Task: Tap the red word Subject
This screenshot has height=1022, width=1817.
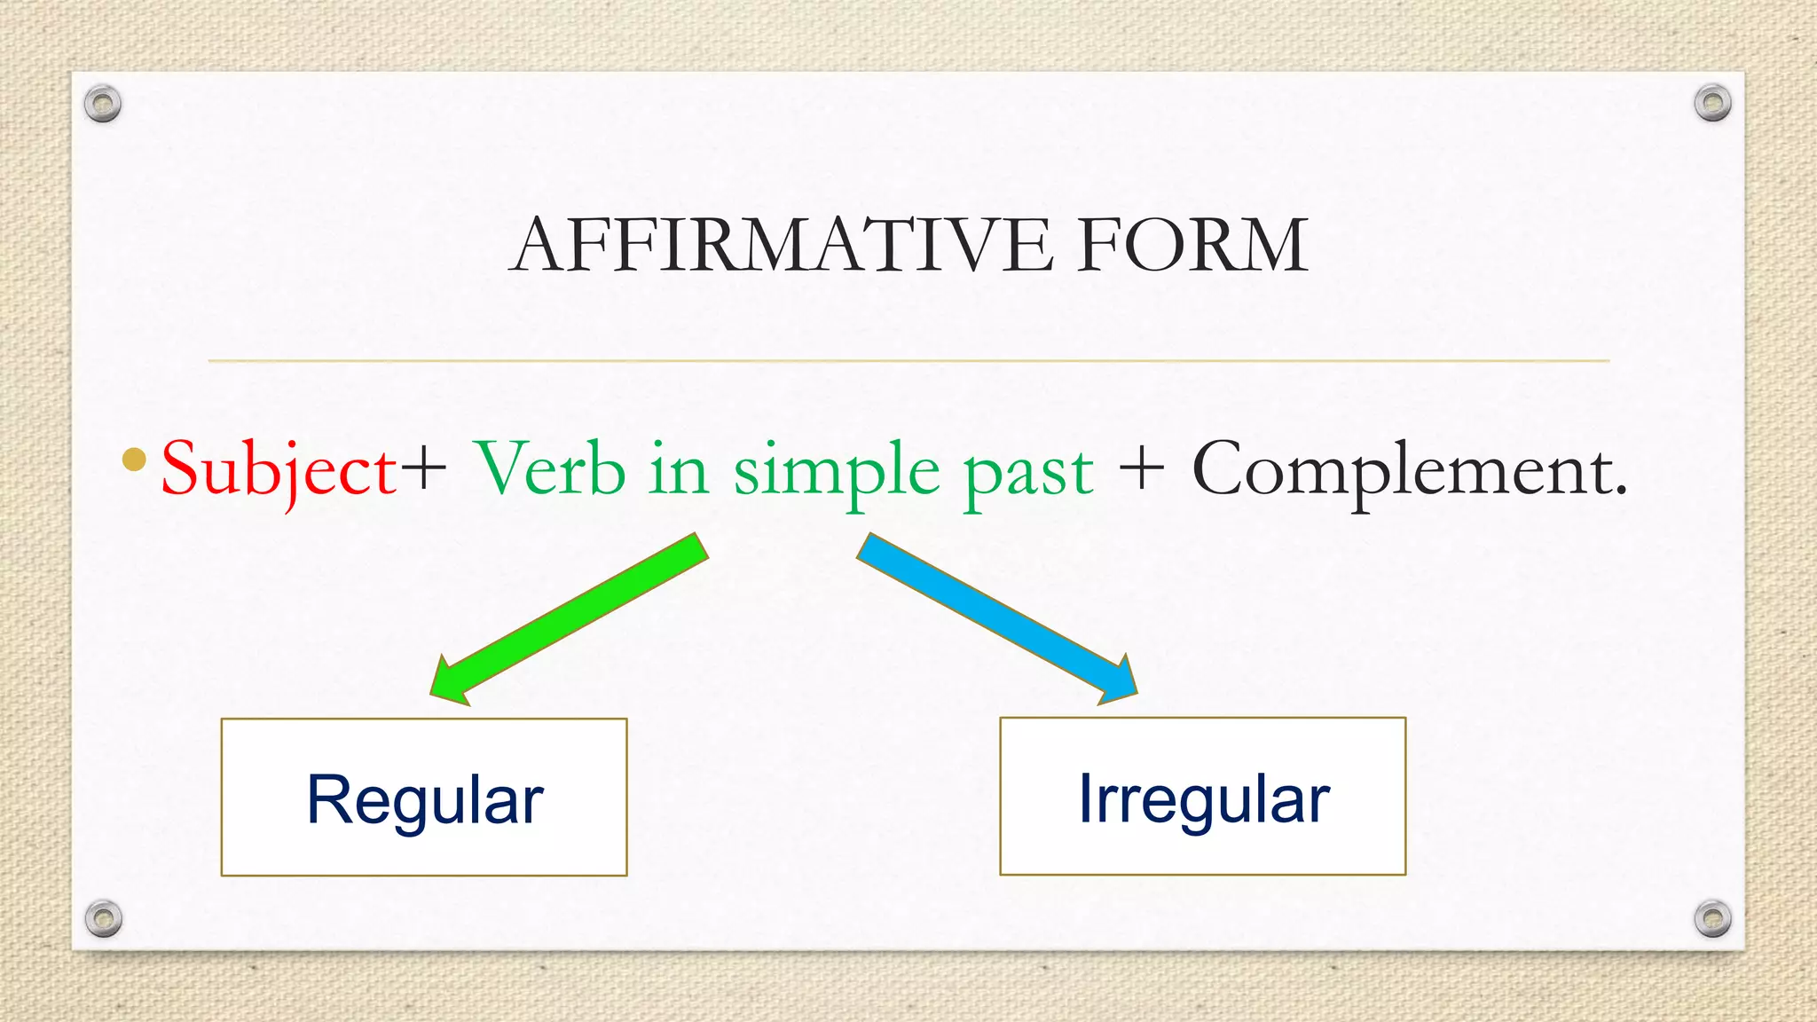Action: (x=279, y=470)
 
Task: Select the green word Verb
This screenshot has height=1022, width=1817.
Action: (x=550, y=470)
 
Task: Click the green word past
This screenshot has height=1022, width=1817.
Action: (x=1028, y=474)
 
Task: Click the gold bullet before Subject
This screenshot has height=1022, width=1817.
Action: (x=134, y=459)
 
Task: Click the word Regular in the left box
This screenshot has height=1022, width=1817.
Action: (x=424, y=800)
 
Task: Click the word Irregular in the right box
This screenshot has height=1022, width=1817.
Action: (x=1203, y=799)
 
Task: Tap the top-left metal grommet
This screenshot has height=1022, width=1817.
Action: (x=103, y=104)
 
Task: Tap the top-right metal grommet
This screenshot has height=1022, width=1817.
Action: (x=1712, y=103)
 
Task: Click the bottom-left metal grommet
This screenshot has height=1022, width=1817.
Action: (x=103, y=918)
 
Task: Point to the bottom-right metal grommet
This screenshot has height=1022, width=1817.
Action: (x=1712, y=918)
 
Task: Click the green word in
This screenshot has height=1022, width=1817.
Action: (x=678, y=470)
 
